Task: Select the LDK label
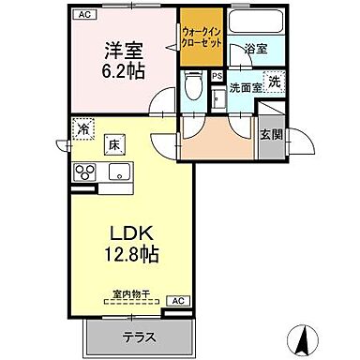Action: [x=130, y=232]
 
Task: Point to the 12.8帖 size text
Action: [x=130, y=252]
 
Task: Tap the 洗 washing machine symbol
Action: [x=274, y=82]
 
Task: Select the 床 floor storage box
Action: [x=113, y=144]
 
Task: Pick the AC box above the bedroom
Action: [x=85, y=15]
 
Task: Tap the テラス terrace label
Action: [x=137, y=336]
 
